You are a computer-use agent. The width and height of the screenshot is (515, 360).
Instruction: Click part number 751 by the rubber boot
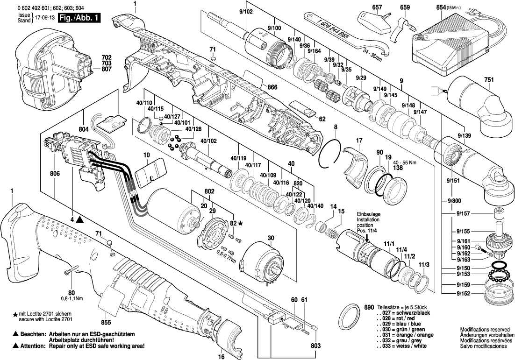coord(488,80)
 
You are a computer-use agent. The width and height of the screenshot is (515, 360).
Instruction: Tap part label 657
coord(377,7)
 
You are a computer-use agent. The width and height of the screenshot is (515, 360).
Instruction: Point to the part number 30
coord(271,238)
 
